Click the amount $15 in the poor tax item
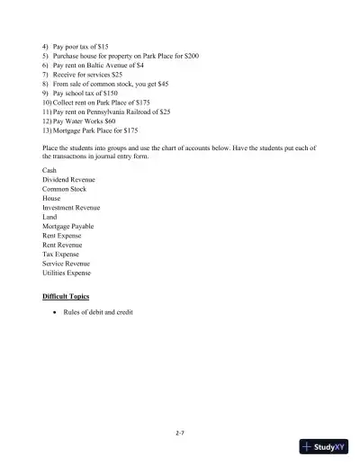click(x=103, y=45)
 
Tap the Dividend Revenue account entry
click(x=68, y=179)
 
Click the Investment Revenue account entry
click(x=71, y=207)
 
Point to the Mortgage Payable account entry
click(x=67, y=226)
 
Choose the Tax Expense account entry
click(x=60, y=254)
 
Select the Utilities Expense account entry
click(x=67, y=273)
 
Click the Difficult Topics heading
click(x=66, y=296)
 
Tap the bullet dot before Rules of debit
click(x=56, y=312)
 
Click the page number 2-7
click(x=180, y=433)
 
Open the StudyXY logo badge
click(x=325, y=447)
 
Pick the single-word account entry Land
click(x=49, y=217)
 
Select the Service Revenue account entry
click(x=66, y=264)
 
